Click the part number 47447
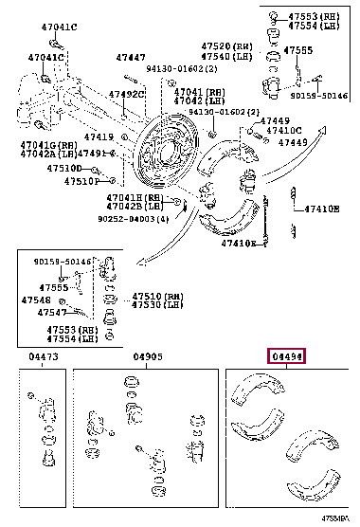[x=131, y=58]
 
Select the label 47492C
[x=125, y=94]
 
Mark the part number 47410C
[x=283, y=131]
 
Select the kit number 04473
[x=44, y=357]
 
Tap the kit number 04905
[x=149, y=357]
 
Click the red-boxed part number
[x=289, y=356]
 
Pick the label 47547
[x=51, y=311]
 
